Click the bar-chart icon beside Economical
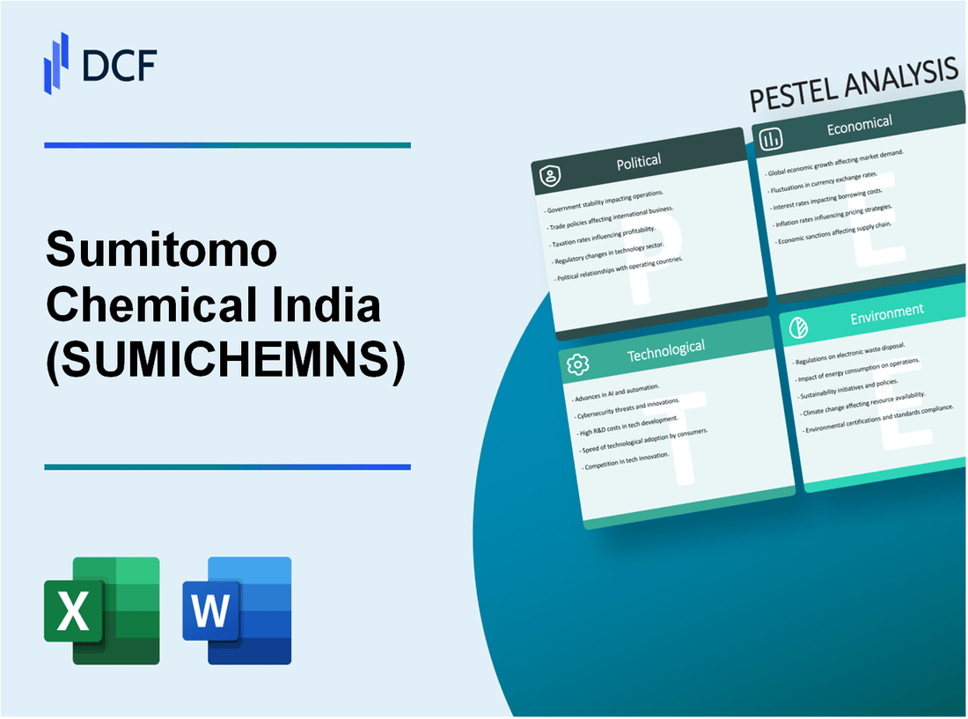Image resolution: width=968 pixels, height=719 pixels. point(772,139)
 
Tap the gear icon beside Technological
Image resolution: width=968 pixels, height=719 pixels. point(576,363)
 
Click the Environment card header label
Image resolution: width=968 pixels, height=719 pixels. point(887,311)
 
